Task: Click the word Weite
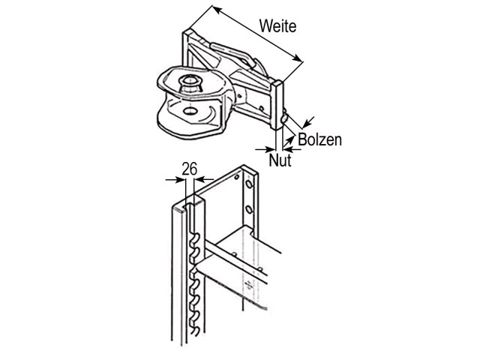click(277, 25)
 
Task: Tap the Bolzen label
click(319, 139)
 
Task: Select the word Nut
click(280, 160)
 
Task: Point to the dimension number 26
click(190, 169)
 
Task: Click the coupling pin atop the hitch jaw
click(190, 83)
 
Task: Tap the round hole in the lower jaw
click(190, 110)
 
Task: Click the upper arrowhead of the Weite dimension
click(216, 10)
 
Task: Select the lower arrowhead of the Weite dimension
click(298, 58)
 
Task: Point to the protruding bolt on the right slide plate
click(285, 118)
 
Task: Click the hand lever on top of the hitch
click(232, 52)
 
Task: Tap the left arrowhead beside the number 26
click(181, 180)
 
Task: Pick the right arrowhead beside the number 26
click(199, 178)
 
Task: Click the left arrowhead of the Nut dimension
click(271, 150)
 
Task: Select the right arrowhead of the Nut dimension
click(288, 149)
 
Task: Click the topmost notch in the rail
click(196, 237)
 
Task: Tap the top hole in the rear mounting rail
click(237, 177)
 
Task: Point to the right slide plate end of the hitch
click(277, 105)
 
